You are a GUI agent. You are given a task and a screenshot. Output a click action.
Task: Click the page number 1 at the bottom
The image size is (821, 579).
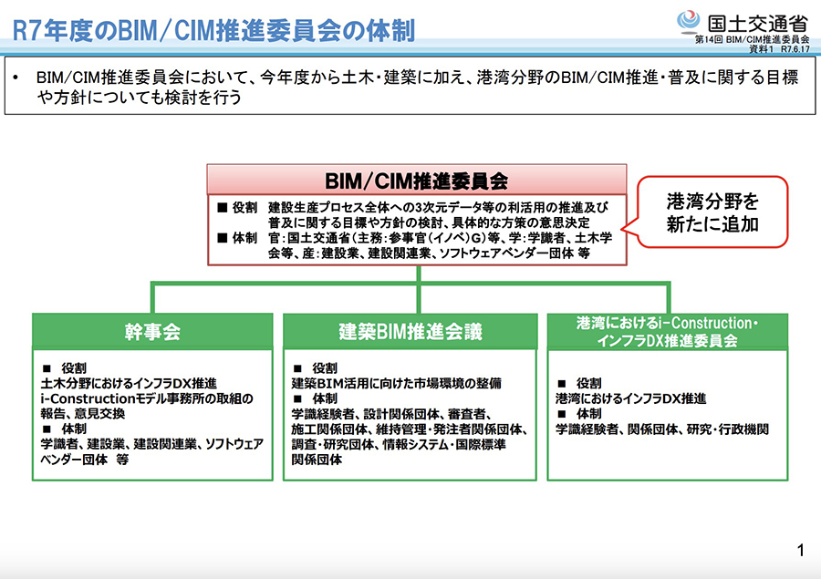click(800, 550)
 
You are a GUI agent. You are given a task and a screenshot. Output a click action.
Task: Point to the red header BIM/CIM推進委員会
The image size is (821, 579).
click(417, 180)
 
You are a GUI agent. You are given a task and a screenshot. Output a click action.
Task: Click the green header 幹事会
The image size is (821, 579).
click(152, 332)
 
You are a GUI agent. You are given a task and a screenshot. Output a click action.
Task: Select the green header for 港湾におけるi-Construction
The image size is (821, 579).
click(668, 332)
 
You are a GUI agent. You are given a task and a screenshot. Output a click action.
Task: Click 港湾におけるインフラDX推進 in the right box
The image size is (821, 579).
click(630, 398)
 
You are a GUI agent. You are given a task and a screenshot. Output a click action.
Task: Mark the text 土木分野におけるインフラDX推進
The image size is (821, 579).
click(122, 384)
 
